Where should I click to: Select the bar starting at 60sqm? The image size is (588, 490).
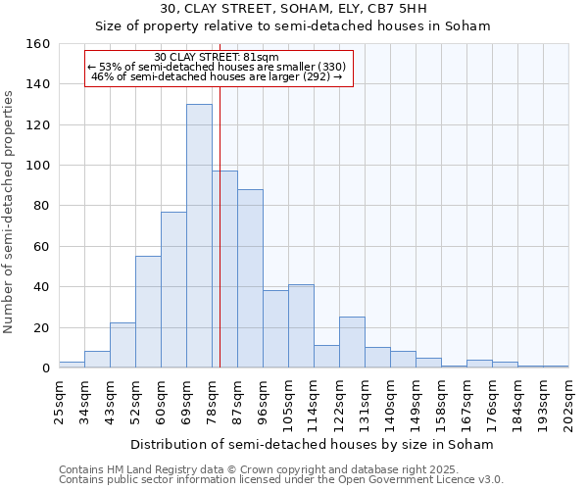[x=173, y=289]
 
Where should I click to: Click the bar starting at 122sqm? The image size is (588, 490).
[x=352, y=342]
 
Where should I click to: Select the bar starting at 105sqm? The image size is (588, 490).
[x=301, y=326]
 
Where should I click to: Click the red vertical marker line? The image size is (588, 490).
[x=220, y=245]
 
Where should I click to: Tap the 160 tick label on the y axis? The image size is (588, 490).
[x=37, y=44]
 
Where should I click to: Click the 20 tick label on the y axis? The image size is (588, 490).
[x=41, y=327]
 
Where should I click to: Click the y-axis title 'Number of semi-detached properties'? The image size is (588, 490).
[x=9, y=206]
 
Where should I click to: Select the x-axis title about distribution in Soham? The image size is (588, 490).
[x=312, y=444]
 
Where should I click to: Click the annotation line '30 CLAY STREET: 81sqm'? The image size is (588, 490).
[x=217, y=57]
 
